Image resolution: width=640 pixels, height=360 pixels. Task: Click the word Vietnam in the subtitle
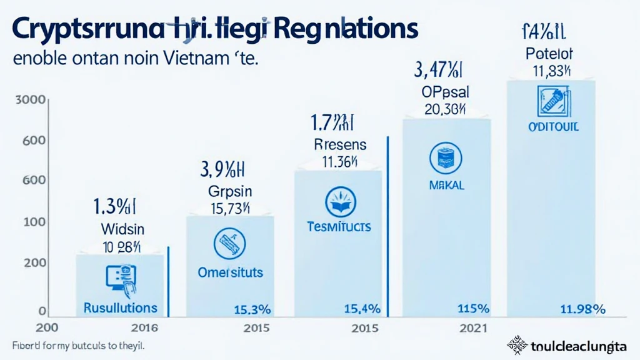[189, 62]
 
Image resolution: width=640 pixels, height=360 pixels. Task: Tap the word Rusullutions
[120, 307]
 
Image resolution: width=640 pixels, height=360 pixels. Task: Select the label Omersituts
[230, 272]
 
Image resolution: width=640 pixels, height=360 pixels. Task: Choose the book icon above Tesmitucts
[339, 204]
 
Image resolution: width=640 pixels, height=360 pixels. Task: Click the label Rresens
[340, 144]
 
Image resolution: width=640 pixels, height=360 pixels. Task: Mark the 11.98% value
[582, 309]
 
